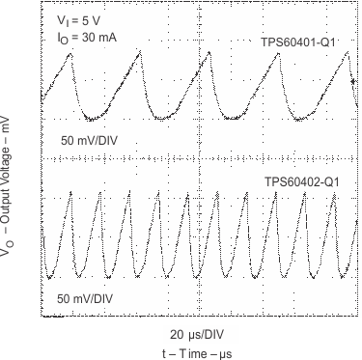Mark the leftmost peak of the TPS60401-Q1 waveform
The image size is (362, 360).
click(x=70, y=52)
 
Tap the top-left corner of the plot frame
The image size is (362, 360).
click(x=42, y=5)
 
